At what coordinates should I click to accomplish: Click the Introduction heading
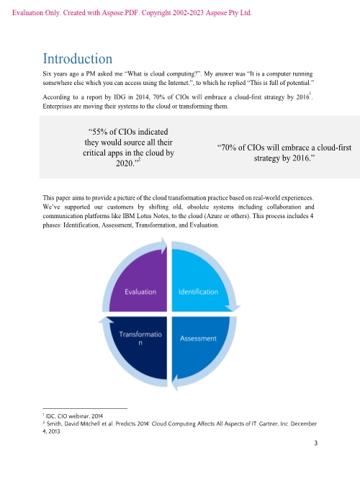coord(78,59)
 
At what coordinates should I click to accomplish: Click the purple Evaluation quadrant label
coord(140,292)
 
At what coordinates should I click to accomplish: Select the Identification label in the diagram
coord(198,292)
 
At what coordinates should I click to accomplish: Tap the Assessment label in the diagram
coord(198,338)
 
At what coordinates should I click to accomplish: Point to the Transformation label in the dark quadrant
coord(140,338)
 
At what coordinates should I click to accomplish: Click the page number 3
coord(315,444)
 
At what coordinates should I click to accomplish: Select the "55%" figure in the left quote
coord(99,132)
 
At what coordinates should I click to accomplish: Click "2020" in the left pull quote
coord(125,163)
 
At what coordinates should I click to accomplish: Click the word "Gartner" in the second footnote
coord(268,423)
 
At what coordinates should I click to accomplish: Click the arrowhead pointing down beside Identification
coord(233,308)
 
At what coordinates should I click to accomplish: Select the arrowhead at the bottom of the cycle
coord(175,383)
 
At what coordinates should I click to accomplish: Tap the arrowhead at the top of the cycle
coord(164,246)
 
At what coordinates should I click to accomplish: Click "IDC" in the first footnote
coord(50,416)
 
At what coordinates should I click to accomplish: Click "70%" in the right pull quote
coord(229,148)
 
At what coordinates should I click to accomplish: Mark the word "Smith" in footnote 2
coord(54,423)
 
